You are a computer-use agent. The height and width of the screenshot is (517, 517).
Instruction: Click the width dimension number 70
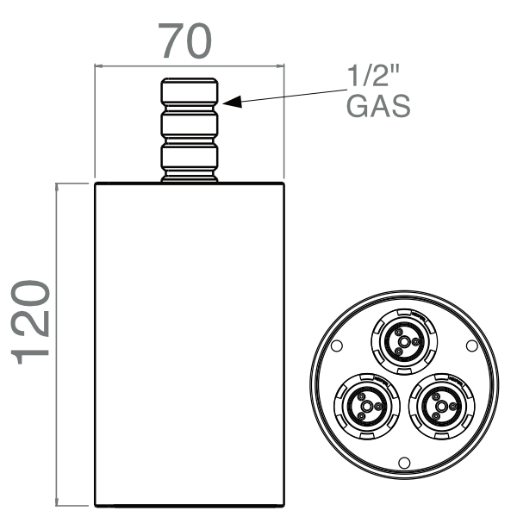click(184, 40)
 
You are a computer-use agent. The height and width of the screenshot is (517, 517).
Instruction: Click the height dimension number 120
click(34, 318)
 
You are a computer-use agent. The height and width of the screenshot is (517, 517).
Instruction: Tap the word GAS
click(377, 107)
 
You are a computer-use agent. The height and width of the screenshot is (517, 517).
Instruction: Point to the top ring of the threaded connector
click(189, 90)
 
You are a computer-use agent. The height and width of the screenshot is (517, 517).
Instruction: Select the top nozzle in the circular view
click(402, 339)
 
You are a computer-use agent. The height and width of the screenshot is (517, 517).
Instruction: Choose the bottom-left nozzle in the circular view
click(364, 402)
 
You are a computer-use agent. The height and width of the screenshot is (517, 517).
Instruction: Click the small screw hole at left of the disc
click(338, 346)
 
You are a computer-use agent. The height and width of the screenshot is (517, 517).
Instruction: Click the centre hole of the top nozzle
click(402, 339)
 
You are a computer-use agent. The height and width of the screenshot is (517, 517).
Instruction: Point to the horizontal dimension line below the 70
click(189, 65)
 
